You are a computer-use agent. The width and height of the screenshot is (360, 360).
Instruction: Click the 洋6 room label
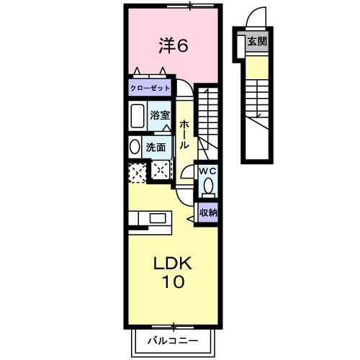tap(173, 46)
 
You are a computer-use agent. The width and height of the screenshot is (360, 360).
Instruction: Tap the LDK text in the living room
tap(173, 263)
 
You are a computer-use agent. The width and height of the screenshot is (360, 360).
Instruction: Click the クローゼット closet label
tap(150, 87)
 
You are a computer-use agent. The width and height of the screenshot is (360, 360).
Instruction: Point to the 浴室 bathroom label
tap(159, 115)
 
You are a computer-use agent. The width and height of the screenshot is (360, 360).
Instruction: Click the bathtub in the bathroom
tap(138, 115)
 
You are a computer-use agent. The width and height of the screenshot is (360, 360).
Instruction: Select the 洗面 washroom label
tap(156, 147)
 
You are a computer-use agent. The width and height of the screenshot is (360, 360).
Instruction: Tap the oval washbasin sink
tap(135, 146)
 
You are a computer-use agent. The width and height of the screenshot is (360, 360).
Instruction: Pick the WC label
tap(208, 171)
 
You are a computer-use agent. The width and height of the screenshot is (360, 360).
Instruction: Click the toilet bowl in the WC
tap(208, 186)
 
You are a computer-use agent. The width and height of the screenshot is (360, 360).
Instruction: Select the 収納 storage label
tap(208, 212)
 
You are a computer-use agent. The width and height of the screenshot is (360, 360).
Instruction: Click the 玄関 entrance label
tap(257, 42)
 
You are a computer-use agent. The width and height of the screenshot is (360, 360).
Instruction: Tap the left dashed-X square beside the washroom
tap(136, 171)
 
